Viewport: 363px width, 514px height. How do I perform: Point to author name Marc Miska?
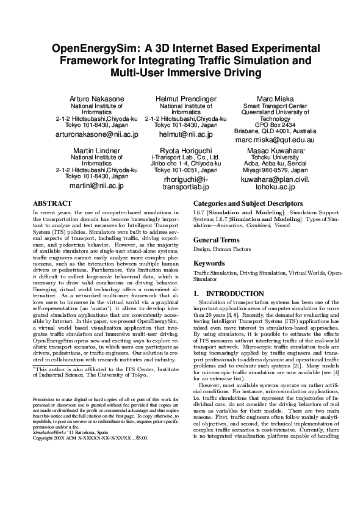(275, 99)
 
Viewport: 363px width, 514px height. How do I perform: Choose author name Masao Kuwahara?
(274, 150)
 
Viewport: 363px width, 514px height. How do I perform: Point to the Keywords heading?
(209, 263)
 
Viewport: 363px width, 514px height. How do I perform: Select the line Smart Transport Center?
(275, 106)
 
